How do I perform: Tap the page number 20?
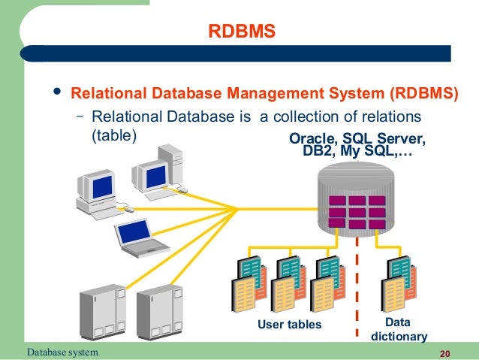[444, 353]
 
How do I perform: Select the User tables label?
[289, 325]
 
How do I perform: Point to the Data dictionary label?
[399, 330]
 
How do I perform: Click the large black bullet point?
[54, 93]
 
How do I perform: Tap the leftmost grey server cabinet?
[103, 316]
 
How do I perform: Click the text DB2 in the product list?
[315, 153]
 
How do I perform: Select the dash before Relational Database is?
[81, 117]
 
